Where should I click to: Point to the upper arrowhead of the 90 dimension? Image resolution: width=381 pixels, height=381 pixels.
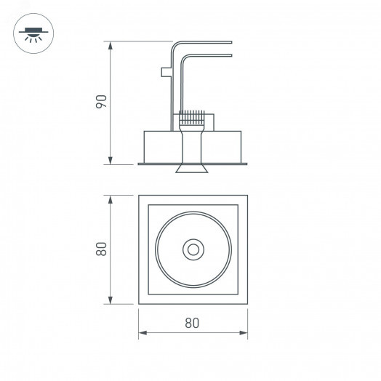[x=110, y=44]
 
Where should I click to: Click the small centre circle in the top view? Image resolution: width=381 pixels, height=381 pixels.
[x=193, y=249]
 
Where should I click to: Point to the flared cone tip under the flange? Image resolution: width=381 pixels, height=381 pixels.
[x=193, y=170]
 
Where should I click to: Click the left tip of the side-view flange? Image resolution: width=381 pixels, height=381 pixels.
[x=140, y=164]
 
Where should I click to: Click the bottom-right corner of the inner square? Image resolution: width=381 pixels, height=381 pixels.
[x=238, y=293]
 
